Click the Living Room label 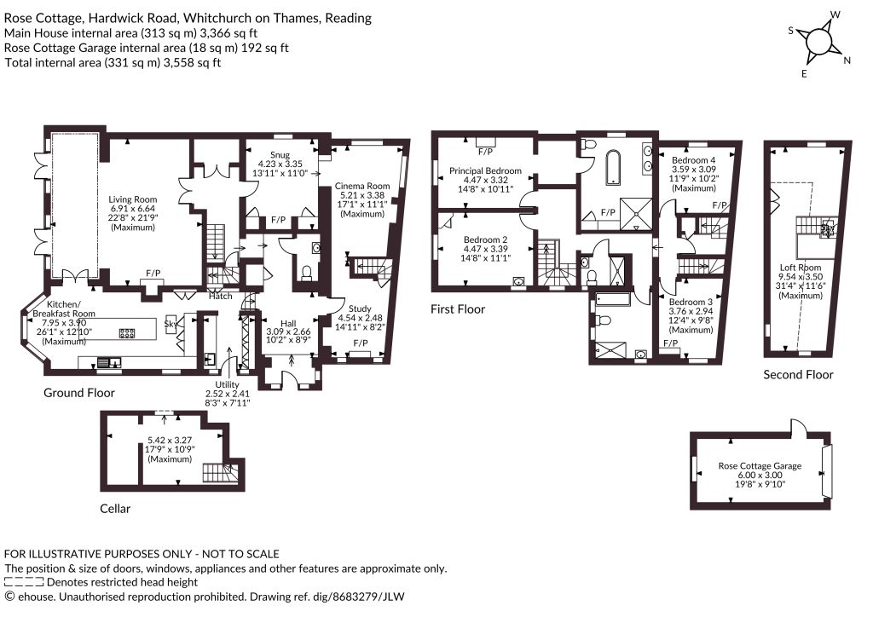(x=132, y=199)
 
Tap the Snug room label (x=280, y=154)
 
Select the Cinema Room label (x=361, y=186)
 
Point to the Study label (x=360, y=308)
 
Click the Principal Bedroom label (x=485, y=170)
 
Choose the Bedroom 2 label (x=485, y=239)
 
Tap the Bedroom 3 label (x=691, y=302)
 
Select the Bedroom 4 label (x=693, y=160)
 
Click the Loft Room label (x=800, y=268)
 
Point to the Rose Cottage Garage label (x=760, y=465)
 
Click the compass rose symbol (x=818, y=43)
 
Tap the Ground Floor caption (x=79, y=393)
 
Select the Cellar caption (x=115, y=509)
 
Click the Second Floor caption (x=798, y=374)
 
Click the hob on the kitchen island (x=128, y=334)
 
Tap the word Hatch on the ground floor (x=221, y=296)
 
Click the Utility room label (x=227, y=384)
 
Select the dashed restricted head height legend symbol (x=23, y=583)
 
